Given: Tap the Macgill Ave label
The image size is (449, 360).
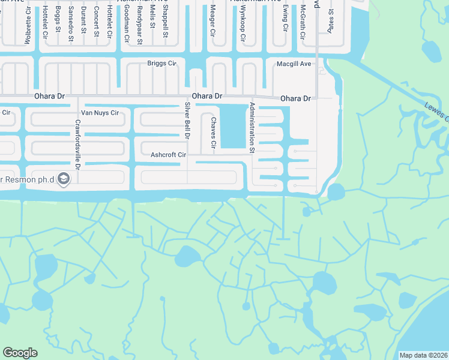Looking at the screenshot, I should (294, 63).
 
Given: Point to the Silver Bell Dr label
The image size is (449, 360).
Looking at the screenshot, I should (187, 121).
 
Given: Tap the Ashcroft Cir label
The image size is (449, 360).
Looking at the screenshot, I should (169, 155).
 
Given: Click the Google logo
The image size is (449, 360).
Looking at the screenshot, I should (20, 353).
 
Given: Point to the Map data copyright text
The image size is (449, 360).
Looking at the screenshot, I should (423, 355).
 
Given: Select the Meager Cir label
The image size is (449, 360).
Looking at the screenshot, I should (212, 20).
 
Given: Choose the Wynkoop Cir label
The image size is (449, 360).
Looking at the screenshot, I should (244, 25).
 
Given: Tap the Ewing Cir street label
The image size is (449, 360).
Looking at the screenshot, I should (285, 18).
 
